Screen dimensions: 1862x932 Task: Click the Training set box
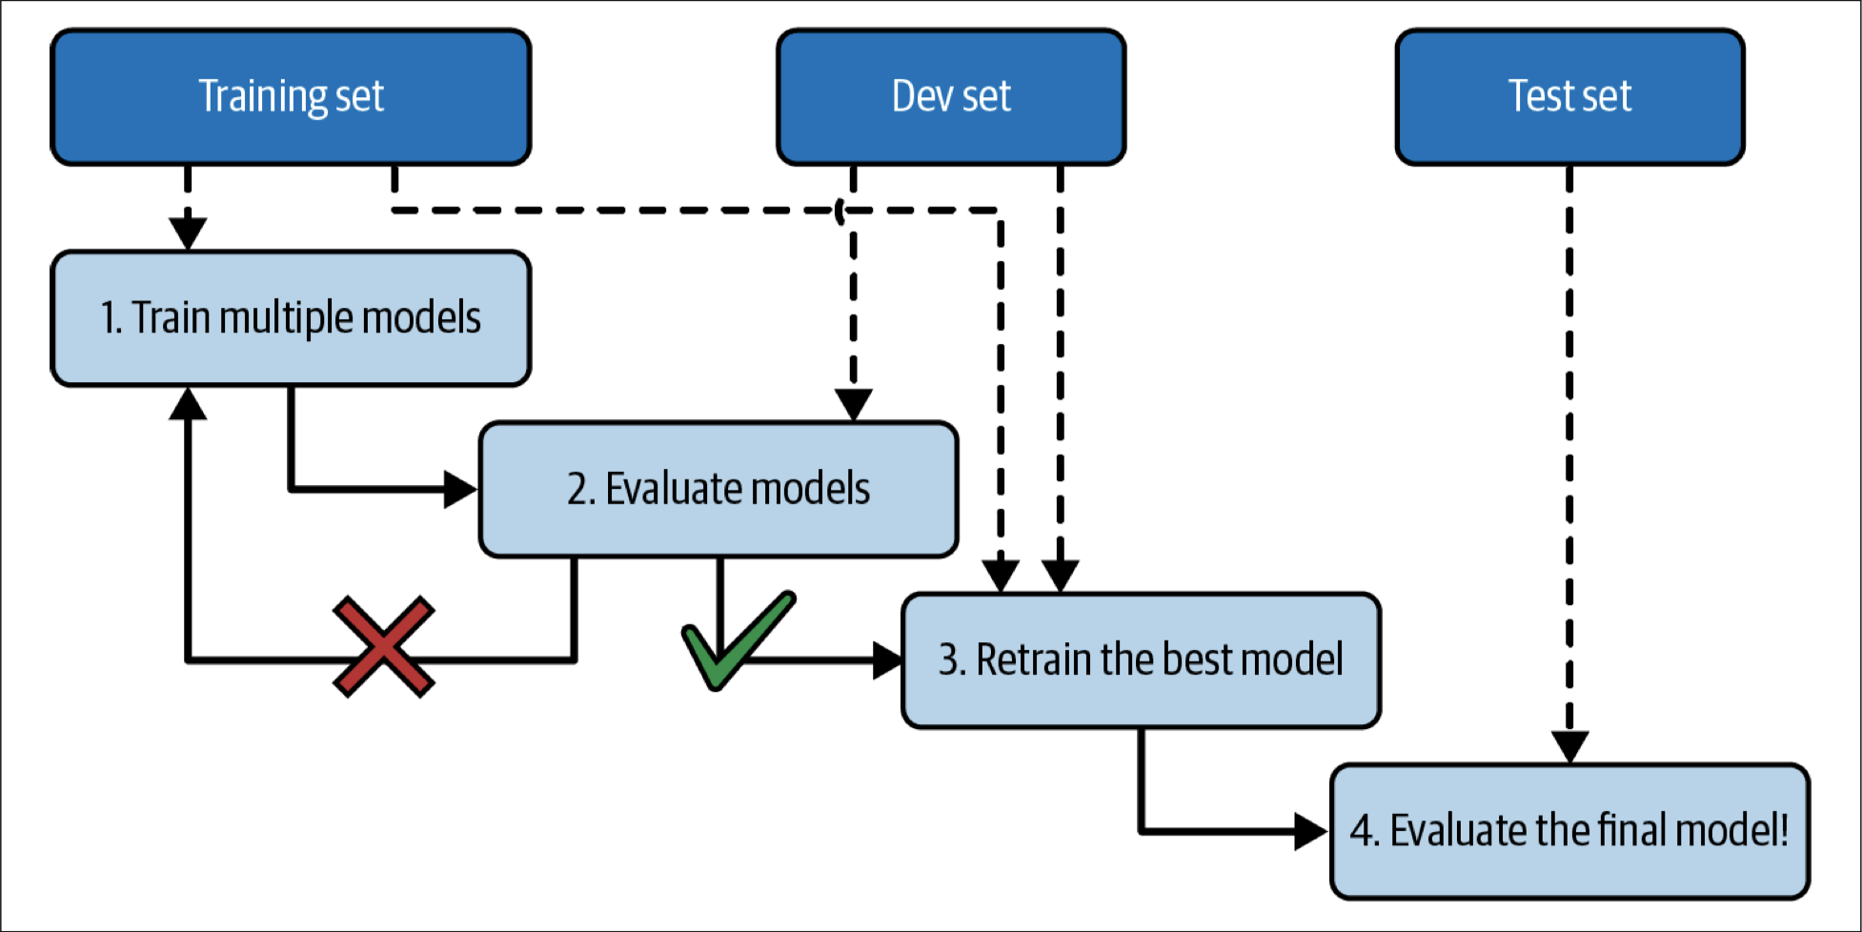[291, 97]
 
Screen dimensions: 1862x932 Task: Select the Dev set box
[951, 97]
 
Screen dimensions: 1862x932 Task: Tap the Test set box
[1569, 97]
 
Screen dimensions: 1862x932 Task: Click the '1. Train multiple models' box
[291, 318]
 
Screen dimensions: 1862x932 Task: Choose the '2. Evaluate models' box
[718, 489]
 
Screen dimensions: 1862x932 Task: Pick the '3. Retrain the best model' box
[1141, 660]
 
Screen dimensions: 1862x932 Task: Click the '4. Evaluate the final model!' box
[1569, 831]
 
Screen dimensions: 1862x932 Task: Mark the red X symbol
[384, 647]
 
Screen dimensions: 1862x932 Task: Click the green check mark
[739, 639]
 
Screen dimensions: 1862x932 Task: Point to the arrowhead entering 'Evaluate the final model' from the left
[1312, 831]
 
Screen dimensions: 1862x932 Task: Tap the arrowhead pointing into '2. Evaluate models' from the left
[461, 489]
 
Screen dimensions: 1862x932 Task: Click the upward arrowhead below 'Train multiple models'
[188, 403]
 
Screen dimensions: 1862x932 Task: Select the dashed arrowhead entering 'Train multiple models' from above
[188, 233]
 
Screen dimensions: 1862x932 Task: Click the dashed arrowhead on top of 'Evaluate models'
[853, 404]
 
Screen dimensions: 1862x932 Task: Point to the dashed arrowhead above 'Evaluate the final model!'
[1569, 747]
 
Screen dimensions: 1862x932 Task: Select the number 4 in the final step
[1363, 831]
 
